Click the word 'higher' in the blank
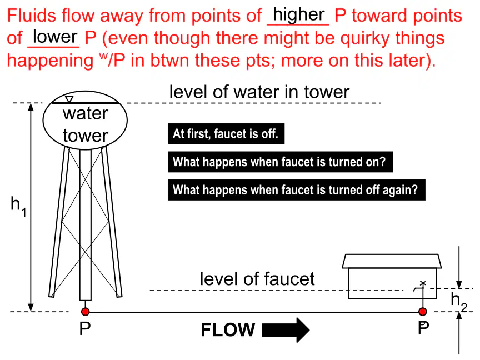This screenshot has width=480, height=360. [x=298, y=14]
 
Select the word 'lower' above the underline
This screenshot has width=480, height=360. [x=55, y=37]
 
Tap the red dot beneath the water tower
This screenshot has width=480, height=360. [x=86, y=312]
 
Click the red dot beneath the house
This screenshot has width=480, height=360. [x=423, y=312]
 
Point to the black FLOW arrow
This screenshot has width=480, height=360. [x=286, y=329]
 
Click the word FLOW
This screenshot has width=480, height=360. [x=228, y=329]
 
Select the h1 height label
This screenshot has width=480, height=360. [x=18, y=206]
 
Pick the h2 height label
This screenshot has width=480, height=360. [x=459, y=302]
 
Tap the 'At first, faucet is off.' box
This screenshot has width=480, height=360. [x=226, y=134]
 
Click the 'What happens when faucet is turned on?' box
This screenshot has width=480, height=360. [x=281, y=162]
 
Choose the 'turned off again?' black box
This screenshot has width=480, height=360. [x=297, y=190]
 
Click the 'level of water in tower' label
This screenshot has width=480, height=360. [x=259, y=92]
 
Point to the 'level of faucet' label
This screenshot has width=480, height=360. [x=257, y=279]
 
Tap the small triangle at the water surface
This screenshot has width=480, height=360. [x=69, y=99]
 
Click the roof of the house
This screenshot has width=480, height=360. [x=392, y=261]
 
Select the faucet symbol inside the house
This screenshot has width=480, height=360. [x=420, y=287]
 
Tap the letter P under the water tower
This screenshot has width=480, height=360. [x=85, y=329]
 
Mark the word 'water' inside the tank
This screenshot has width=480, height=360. [x=86, y=113]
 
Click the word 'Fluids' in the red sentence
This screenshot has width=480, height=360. [x=32, y=16]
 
